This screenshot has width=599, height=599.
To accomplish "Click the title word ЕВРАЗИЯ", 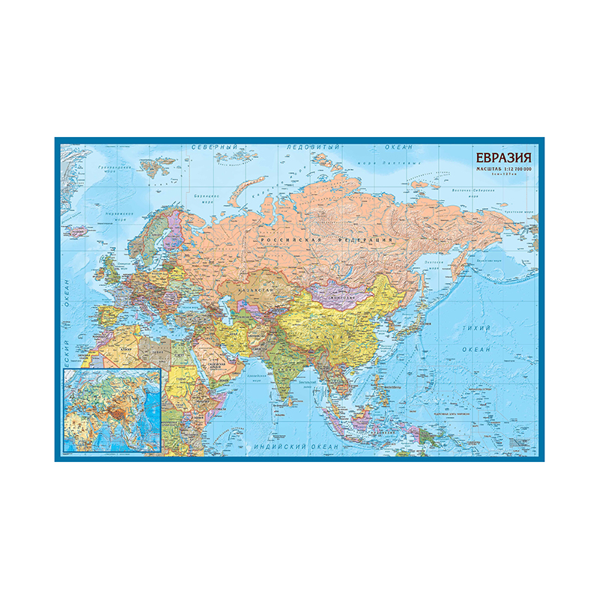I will pyautogui.click(x=502, y=158).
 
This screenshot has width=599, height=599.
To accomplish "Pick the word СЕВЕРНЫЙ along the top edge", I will pyautogui.click(x=213, y=148).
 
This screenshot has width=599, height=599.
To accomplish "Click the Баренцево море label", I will pyautogui.click(x=201, y=200).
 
